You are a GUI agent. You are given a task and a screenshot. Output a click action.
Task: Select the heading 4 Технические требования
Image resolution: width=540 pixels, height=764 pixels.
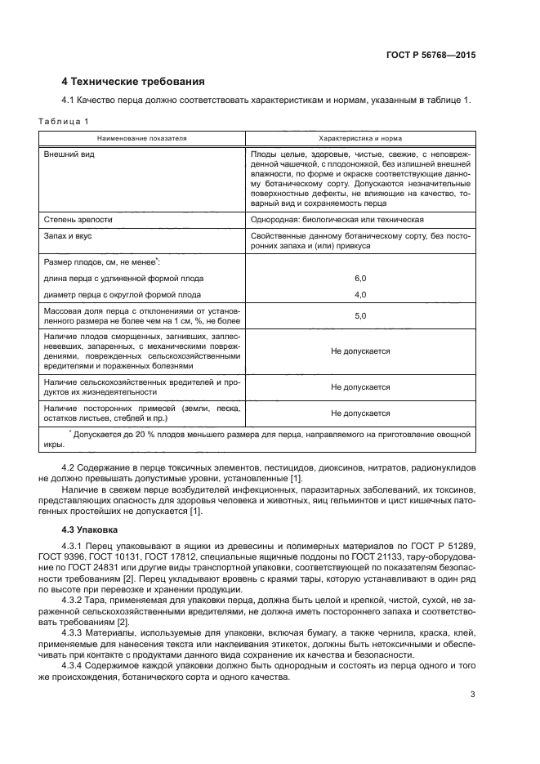coord(133,82)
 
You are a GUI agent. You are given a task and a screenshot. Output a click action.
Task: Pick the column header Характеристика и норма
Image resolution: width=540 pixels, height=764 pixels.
coord(359,138)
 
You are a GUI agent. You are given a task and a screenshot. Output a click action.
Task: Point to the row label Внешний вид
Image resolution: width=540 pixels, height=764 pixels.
coord(68,154)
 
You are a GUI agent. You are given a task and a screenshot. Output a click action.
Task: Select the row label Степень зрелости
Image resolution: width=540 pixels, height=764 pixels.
coord(78,220)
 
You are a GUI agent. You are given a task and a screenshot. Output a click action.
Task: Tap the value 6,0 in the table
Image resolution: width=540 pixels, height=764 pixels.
coord(360,278)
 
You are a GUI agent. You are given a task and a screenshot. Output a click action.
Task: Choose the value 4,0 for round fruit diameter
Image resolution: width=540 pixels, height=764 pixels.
coord(360,294)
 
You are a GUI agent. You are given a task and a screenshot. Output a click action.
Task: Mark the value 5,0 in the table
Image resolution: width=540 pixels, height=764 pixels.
coord(360,315)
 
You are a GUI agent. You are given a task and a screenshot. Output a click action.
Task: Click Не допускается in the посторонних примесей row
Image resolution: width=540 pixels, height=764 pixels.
coord(360,413)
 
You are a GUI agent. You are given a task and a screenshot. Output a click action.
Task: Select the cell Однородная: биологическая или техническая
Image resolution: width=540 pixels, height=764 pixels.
coord(337,220)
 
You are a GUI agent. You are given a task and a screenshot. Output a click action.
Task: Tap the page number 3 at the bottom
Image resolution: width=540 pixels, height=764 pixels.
coord(473,695)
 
